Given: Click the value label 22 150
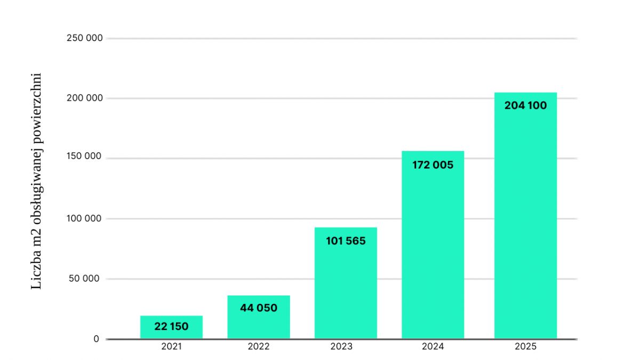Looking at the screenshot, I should coord(171,326).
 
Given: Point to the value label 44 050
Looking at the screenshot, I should coord(259,308).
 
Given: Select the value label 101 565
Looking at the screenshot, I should coord(346,241).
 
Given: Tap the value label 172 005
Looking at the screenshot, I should coord(433,165).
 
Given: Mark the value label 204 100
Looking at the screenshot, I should coord(525,106).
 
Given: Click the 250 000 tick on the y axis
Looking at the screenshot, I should coord(84,38).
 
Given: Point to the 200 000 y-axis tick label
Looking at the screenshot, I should coord(84,99).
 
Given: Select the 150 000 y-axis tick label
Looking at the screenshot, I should coord(84,158).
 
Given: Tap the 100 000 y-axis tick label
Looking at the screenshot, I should coord(84,219).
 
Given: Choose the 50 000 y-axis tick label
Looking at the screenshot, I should coord(86,279).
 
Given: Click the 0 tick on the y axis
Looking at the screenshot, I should coord(96,339).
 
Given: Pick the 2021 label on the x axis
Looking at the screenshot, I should coord(171,347).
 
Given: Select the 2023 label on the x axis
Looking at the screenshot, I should coord(341,347).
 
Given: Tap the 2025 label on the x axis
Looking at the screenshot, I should coord(525,347).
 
